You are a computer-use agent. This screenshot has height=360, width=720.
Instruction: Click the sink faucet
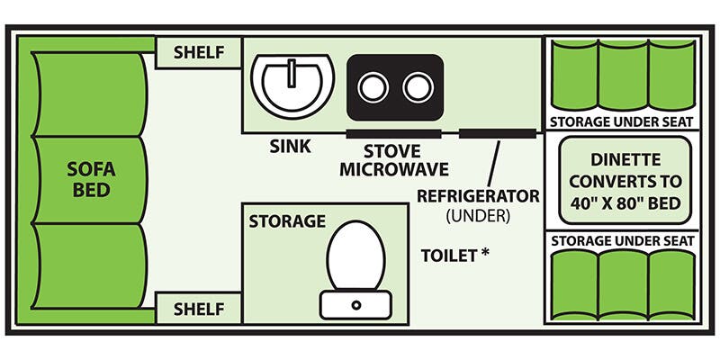pos(292,73)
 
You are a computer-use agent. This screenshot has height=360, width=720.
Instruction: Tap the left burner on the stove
pos(373,87)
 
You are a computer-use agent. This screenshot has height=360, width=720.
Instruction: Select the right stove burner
pos(418,87)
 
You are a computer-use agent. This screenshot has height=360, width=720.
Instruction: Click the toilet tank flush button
pos(355,304)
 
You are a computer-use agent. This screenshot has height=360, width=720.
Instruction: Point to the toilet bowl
pos(355,256)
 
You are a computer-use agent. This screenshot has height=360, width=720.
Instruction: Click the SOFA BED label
pos(91,179)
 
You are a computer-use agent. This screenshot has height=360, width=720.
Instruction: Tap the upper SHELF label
pos(198,53)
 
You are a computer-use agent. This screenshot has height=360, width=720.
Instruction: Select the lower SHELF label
pos(198,309)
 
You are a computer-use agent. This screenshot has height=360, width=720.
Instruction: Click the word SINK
pos(290,147)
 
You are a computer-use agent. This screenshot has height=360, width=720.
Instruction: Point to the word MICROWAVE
pos(394,169)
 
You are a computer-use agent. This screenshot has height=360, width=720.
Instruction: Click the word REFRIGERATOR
pos(478,196)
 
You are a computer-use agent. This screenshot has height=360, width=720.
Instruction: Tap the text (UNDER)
pos(478,216)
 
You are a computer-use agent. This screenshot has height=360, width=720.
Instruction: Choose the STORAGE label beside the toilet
pos(287,221)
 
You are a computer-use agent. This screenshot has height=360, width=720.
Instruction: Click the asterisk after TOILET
pos(484,253)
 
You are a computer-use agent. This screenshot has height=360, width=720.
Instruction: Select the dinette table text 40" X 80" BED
pos(625,202)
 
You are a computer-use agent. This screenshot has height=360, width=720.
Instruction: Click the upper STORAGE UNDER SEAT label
pos(621,122)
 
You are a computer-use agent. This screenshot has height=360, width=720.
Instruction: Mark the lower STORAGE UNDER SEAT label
pos(623,240)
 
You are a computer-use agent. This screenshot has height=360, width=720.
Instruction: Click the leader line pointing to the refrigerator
pos(493,162)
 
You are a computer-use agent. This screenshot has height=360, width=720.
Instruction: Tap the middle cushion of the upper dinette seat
pos(623,76)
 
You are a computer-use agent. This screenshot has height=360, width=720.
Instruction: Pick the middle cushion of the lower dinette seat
pos(623,284)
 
